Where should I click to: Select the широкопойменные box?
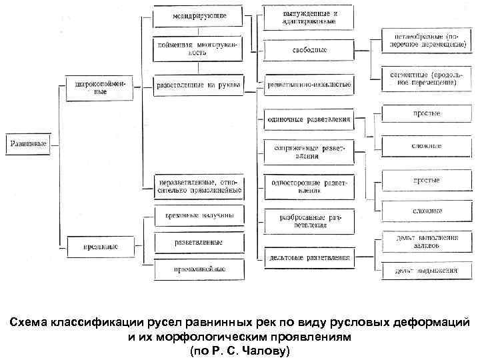(x=100, y=89)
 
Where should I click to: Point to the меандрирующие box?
(x=198, y=15)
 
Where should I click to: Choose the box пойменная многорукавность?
(x=198, y=48)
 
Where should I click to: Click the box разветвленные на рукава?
(x=198, y=85)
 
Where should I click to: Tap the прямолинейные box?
(x=199, y=269)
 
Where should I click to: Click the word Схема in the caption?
(x=30, y=323)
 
